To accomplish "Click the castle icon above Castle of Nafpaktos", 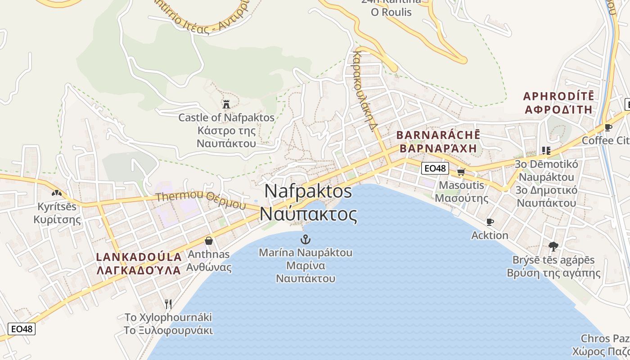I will (226, 104).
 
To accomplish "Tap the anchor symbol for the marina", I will (306, 239).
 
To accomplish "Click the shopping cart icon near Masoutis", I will (461, 171).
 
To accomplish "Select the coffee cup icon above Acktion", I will (490, 222).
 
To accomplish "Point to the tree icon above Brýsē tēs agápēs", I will (553, 246).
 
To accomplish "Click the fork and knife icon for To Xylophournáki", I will (168, 304).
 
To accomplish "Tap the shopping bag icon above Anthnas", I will (208, 241).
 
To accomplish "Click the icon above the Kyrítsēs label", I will (57, 193).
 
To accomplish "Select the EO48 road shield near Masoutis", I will (435, 168).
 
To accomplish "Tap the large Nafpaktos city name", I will (308, 202).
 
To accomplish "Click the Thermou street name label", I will (201, 201).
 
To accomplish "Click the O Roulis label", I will (391, 12).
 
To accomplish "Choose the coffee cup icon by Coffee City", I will (608, 127).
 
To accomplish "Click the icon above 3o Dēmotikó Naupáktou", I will (546, 150).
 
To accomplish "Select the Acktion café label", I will (490, 235).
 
